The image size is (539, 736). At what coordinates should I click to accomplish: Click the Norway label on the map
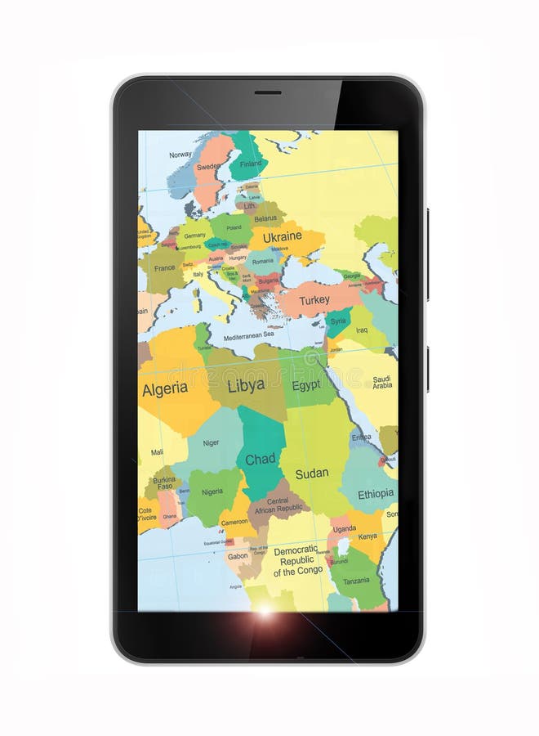click(180, 155)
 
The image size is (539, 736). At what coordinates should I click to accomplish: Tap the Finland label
click(251, 164)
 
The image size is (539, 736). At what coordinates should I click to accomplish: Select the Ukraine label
click(283, 236)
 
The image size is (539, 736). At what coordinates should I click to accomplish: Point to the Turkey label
click(314, 300)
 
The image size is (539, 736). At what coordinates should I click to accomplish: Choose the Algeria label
click(165, 389)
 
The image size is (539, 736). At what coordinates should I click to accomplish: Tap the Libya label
click(246, 385)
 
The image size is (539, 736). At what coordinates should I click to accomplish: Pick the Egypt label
click(306, 385)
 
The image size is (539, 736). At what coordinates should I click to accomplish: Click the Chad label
click(261, 459)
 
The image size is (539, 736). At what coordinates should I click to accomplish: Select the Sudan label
click(312, 473)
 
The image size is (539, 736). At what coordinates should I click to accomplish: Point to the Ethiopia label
click(376, 494)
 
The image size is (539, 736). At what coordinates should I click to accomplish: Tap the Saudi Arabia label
click(382, 383)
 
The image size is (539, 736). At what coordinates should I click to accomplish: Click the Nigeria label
click(212, 492)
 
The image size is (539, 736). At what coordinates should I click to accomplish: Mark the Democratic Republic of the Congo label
click(299, 561)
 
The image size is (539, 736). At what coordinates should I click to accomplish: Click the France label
click(165, 267)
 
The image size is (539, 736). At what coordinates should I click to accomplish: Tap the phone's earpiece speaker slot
click(268, 92)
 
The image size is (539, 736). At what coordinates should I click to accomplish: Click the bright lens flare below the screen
click(265, 611)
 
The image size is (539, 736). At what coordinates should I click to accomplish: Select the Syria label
click(338, 321)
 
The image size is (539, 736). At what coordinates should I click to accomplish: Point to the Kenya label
click(367, 536)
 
